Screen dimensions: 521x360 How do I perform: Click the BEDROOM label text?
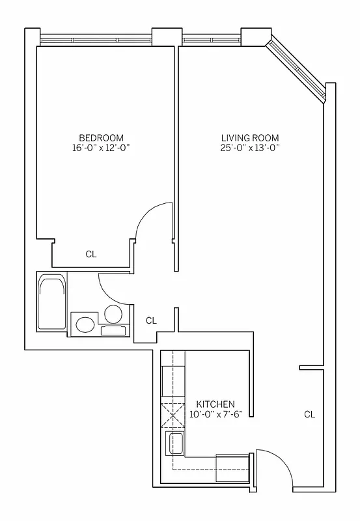click(x=101, y=137)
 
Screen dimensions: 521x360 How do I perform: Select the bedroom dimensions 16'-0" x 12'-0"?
click(x=101, y=147)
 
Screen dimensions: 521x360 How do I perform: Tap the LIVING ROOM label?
click(x=250, y=137)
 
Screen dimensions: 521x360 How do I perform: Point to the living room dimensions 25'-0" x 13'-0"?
click(x=250, y=147)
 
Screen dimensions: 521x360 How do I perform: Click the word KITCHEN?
click(x=215, y=404)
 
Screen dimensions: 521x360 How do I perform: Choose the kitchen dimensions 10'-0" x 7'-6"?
click(x=215, y=414)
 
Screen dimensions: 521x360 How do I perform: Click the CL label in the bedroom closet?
click(x=91, y=255)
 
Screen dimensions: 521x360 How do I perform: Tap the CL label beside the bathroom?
click(x=151, y=320)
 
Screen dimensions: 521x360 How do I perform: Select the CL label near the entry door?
click(x=309, y=414)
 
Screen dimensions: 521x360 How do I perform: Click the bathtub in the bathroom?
click(x=51, y=303)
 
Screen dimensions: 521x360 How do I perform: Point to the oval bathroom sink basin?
click(x=85, y=324)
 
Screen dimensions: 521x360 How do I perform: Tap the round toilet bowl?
click(x=112, y=315)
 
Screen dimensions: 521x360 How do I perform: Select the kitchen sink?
click(x=176, y=444)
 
